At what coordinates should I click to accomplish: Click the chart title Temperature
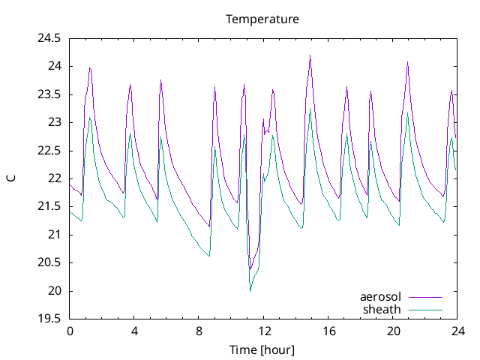pos(262,19)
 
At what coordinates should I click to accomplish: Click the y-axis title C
pos(10,178)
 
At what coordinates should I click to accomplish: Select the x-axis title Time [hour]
pos(262,350)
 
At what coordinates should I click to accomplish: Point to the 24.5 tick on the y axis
pos(49,37)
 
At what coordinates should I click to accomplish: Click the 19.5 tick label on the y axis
pos(49,319)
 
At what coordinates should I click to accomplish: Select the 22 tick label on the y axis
pos(54,178)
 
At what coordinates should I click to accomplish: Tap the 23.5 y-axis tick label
pos(49,94)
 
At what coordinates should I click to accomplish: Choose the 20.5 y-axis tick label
pos(49,262)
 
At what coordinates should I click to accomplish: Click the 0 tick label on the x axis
pos(70,331)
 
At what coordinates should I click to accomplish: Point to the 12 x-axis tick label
pos(263,331)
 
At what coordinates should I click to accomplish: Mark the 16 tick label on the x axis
pos(328,331)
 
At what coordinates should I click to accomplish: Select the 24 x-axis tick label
pos(457,331)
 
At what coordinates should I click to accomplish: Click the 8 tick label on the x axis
pos(199,331)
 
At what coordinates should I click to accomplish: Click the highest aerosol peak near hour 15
pos(310,55)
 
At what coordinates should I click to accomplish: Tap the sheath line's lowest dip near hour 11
pos(250,291)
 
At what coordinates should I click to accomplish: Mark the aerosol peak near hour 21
pos(408,62)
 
